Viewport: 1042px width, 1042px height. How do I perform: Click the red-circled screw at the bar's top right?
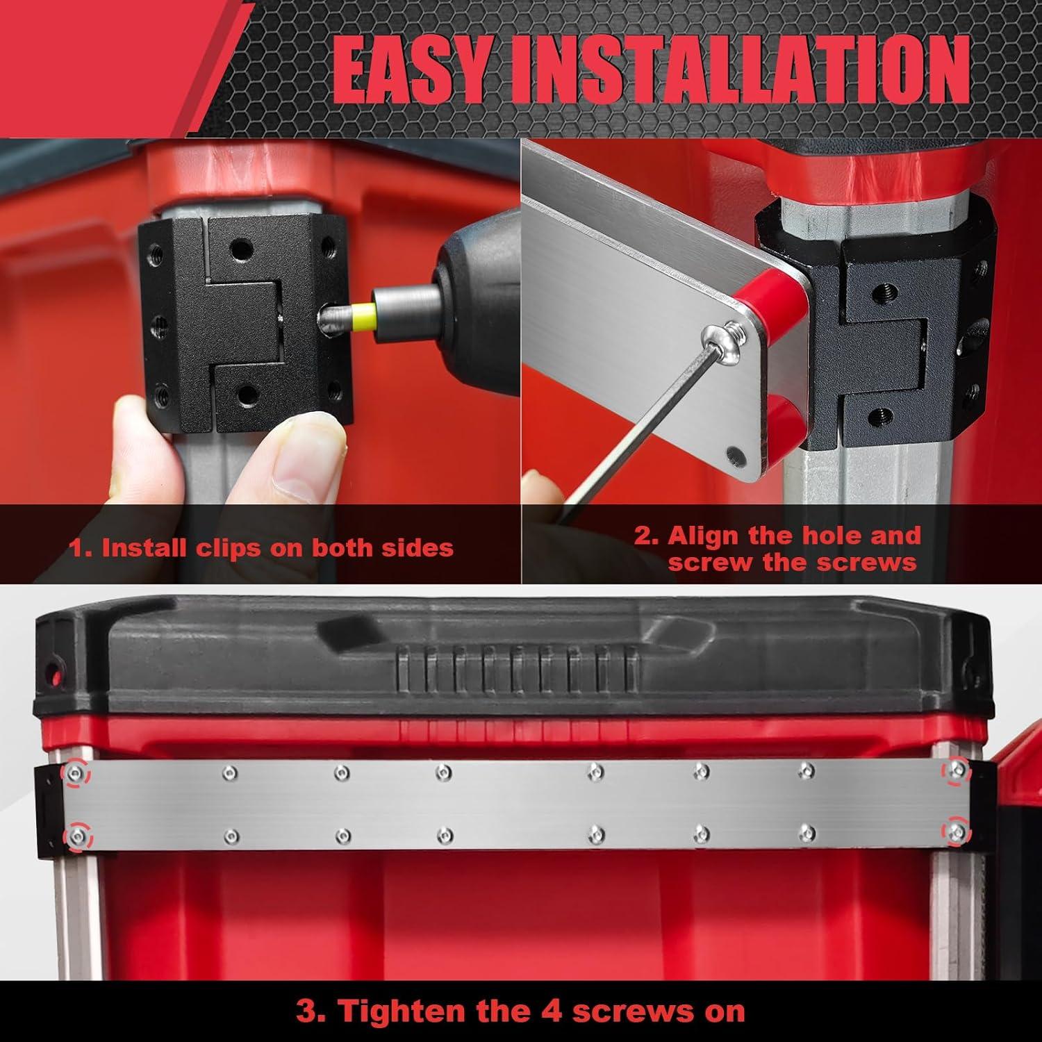click(957, 768)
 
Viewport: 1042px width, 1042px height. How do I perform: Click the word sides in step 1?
click(417, 548)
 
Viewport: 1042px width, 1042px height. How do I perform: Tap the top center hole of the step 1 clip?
click(243, 247)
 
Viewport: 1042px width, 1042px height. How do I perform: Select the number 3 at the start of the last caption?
click(306, 1011)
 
